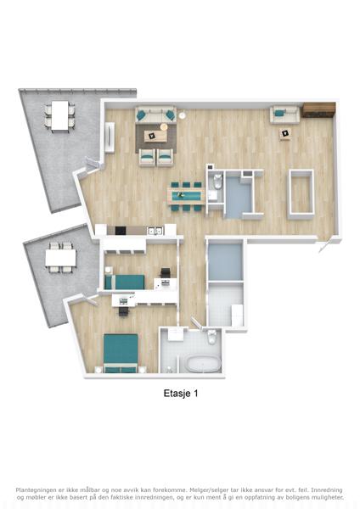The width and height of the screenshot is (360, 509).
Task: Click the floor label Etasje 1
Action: click(x=181, y=394)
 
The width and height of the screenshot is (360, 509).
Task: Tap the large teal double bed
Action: click(x=121, y=353)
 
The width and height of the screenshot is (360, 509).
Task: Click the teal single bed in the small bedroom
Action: click(x=125, y=282)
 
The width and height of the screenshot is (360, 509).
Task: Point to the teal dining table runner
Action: click(x=186, y=195)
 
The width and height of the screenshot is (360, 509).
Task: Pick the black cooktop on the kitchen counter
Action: click(x=121, y=231)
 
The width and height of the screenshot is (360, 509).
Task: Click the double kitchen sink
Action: click(x=155, y=231)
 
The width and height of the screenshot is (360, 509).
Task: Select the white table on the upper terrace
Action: click(x=60, y=116)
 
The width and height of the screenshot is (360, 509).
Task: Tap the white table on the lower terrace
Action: click(x=61, y=258)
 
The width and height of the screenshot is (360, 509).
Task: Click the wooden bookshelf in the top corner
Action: click(x=318, y=109)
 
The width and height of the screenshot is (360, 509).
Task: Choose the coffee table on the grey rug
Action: click(x=155, y=136)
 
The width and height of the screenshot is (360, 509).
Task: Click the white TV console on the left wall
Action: click(x=110, y=137)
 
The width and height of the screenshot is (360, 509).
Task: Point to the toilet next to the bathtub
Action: click(x=212, y=337)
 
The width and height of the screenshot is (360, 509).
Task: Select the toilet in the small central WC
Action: click(x=217, y=182)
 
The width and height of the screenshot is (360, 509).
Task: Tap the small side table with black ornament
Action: click(x=285, y=134)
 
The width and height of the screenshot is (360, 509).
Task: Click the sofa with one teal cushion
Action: click(x=284, y=115)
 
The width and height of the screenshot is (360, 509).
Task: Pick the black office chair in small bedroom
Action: click(x=166, y=272)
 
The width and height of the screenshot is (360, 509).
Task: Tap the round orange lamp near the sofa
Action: click(x=165, y=126)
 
